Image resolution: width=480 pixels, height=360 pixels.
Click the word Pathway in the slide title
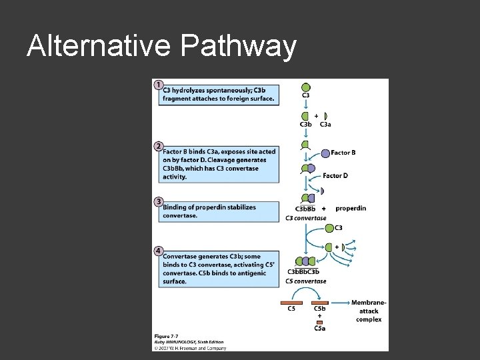[237, 47]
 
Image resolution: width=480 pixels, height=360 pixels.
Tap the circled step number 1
[158, 85]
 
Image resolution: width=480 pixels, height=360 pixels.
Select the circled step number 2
[158, 145]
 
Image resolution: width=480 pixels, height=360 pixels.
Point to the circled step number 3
[158, 201]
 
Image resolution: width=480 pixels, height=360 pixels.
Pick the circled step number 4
[158, 250]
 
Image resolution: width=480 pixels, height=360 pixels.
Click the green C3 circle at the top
[305, 87]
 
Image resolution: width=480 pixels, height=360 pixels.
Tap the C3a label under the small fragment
[325, 124]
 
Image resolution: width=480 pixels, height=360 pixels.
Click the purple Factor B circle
[325, 153]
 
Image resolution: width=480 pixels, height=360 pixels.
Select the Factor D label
[335, 176]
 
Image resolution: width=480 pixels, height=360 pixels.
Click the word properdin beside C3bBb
[351, 209]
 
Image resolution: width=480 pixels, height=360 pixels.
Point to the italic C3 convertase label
[306, 218]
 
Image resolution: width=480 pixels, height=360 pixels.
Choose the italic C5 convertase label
[306, 281]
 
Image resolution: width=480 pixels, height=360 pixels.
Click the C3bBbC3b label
[303, 272]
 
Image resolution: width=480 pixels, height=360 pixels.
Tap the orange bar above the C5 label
[292, 303]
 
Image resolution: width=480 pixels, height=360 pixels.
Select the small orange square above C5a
[320, 323]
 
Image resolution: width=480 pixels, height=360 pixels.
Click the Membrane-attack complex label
[369, 311]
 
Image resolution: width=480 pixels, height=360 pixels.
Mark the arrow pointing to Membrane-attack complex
[340, 303]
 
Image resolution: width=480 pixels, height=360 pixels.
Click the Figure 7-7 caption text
[167, 336]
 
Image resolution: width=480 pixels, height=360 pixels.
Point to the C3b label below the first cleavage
[306, 124]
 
